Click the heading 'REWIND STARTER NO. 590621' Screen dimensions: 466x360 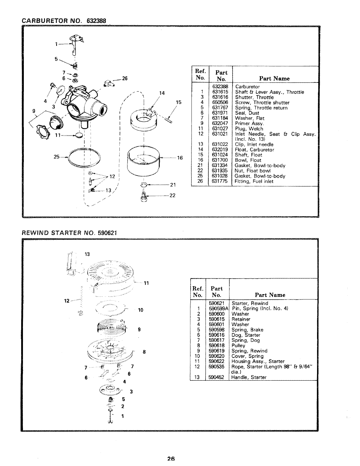click(x=70, y=233)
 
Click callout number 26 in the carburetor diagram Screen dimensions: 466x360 click(x=124, y=79)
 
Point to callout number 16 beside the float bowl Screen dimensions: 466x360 click(x=180, y=158)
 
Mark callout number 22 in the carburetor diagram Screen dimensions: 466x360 click(x=173, y=195)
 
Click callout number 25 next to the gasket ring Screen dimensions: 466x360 click(x=56, y=157)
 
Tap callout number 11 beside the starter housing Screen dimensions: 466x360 click(x=146, y=283)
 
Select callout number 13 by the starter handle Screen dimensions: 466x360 click(x=87, y=254)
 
